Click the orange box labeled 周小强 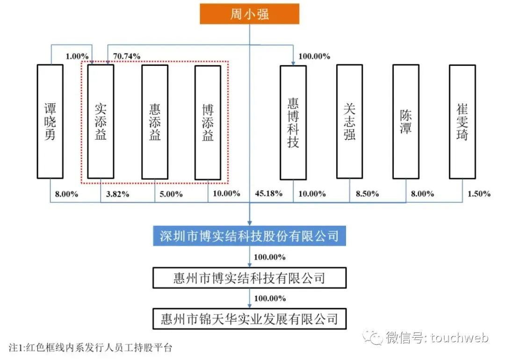[x=249, y=14]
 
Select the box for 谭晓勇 [x=50, y=122]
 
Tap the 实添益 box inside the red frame [x=101, y=122]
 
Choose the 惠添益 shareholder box [x=155, y=122]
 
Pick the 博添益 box [x=208, y=122]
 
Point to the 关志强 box [x=349, y=122]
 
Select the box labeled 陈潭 [x=405, y=122]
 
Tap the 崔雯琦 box [x=462, y=122]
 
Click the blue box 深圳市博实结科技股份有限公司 [x=249, y=236]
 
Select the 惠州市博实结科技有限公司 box [x=249, y=279]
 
